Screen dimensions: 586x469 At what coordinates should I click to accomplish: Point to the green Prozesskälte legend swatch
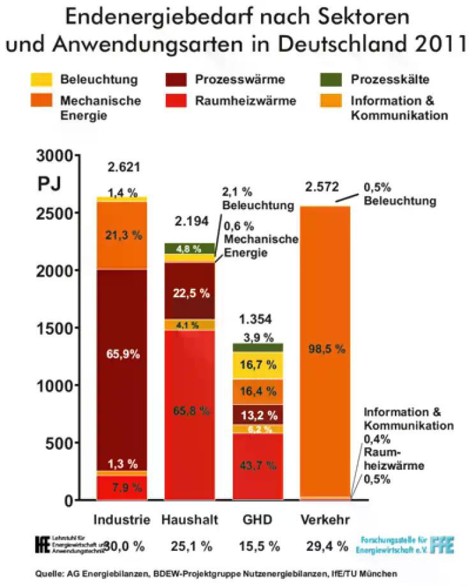pos(329,80)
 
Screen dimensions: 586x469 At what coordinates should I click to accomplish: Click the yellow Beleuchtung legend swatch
pos(41,80)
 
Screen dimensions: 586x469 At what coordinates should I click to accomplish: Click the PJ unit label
pos(49,183)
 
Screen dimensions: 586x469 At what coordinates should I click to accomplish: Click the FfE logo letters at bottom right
pos(443,544)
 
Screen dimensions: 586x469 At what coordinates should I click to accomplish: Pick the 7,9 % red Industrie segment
pos(121,488)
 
